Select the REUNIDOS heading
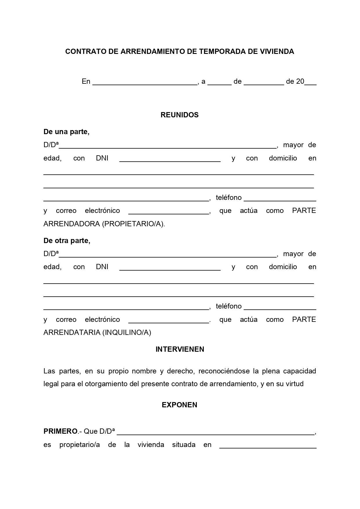pyautogui.click(x=179, y=115)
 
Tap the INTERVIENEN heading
pyautogui.click(x=180, y=349)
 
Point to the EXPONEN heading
pyautogui.click(x=179, y=405)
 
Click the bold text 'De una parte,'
pyautogui.click(x=66, y=132)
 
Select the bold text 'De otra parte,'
pyautogui.click(x=67, y=241)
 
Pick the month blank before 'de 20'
pyautogui.click(x=264, y=82)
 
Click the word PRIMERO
pyautogui.click(x=61, y=431)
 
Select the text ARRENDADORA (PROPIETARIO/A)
pyautogui.click(x=104, y=224)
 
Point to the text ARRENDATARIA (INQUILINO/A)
pyautogui.click(x=97, y=333)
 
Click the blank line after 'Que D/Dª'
pyautogui.click(x=216, y=432)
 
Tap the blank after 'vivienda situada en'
pyautogui.click(x=268, y=446)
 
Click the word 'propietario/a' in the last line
pyautogui.click(x=79, y=445)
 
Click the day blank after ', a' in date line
pyautogui.click(x=219, y=82)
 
